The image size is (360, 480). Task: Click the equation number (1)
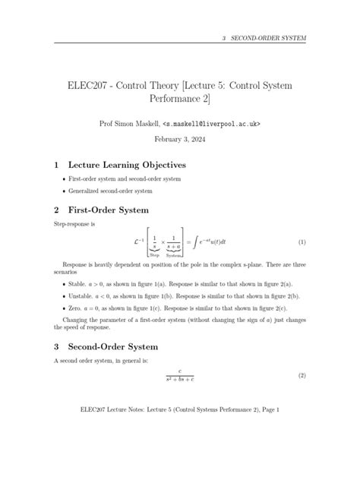point(302,242)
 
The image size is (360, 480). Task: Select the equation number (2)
point(302,377)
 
